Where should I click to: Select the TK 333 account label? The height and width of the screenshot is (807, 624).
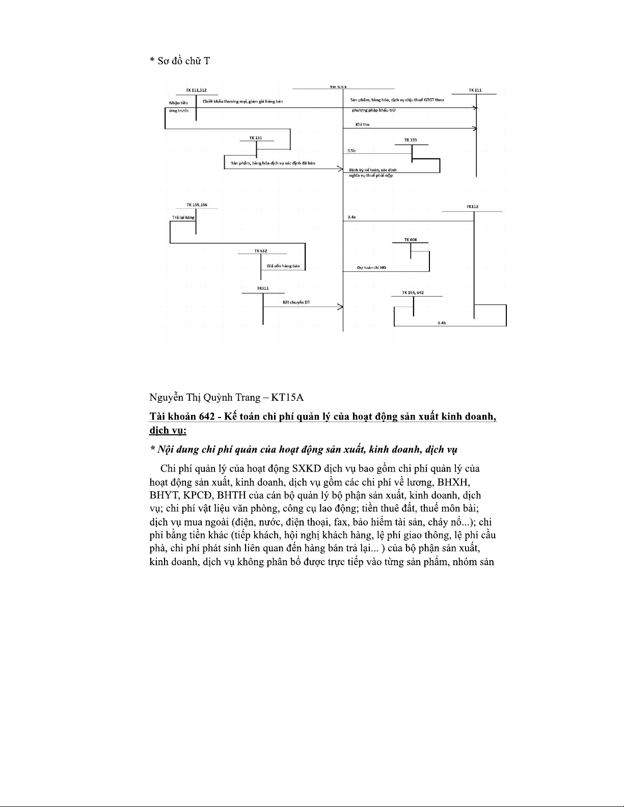(411, 140)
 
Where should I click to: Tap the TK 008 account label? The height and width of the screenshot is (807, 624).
(411, 239)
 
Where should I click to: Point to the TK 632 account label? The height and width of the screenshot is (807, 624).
(261, 251)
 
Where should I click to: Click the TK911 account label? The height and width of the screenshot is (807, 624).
(262, 289)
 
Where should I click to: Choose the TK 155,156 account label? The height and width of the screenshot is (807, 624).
(197, 205)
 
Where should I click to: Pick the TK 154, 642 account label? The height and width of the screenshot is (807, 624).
(413, 293)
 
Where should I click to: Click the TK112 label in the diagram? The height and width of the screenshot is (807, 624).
(472, 207)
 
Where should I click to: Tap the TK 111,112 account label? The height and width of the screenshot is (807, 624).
(196, 90)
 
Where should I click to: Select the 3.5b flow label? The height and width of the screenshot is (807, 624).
(351, 151)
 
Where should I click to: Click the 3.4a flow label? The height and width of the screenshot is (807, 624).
(351, 217)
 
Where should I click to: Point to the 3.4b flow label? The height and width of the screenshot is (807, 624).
(442, 323)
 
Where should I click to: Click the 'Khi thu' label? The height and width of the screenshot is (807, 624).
(362, 125)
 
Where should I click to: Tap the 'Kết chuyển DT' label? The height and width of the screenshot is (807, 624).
(296, 302)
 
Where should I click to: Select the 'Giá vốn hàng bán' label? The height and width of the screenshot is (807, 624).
(283, 266)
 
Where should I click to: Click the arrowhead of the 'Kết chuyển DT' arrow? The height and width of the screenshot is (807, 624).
(340, 307)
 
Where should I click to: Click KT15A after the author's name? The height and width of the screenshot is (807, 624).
(288, 397)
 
